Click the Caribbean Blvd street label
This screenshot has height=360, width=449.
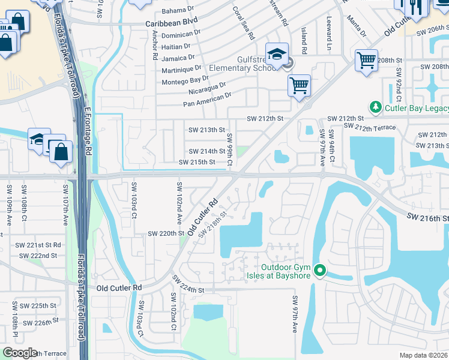(172, 20)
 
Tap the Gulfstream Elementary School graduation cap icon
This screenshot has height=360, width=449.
(277, 55)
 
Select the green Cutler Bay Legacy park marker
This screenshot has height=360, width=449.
(376, 107)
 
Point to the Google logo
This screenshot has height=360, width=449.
(20, 353)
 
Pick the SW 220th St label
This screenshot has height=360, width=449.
(165, 233)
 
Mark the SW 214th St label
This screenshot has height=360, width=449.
(206, 152)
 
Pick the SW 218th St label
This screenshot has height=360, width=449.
(213, 222)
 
